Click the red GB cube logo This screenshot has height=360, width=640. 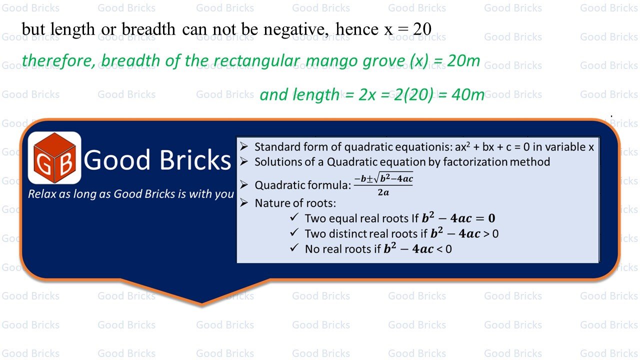click(54, 157)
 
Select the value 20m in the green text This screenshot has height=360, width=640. click(462, 61)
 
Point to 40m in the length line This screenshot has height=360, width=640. click(467, 94)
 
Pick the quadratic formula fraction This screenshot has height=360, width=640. click(383, 184)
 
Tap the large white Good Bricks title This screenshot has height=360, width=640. click(157, 159)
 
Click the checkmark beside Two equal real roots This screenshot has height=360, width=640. click(294, 217)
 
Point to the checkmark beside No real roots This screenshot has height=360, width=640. click(294, 248)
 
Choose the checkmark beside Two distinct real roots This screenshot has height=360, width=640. click(294, 233)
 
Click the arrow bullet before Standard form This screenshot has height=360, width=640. click(243, 147)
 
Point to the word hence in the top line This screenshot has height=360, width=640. click(357, 29)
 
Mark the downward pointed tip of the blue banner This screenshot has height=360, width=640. click(202, 302)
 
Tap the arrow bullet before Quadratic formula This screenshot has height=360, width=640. click(243, 185)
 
